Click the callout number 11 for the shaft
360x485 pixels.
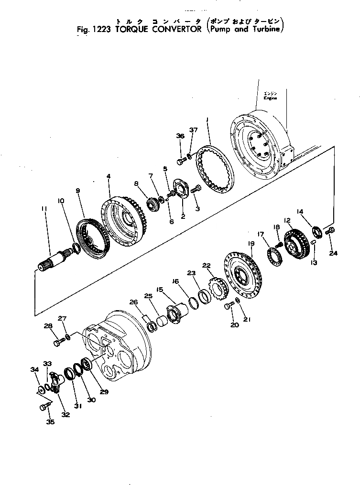coord(44,208)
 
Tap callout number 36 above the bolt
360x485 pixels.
coord(179,136)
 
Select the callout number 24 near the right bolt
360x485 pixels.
coord(333,253)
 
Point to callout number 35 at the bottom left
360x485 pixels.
coord(50,421)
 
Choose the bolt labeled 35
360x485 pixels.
coord(45,406)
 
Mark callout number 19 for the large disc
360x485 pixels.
coord(251,244)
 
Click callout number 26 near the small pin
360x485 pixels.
coord(133,302)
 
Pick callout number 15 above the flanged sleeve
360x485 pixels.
coord(160,289)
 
